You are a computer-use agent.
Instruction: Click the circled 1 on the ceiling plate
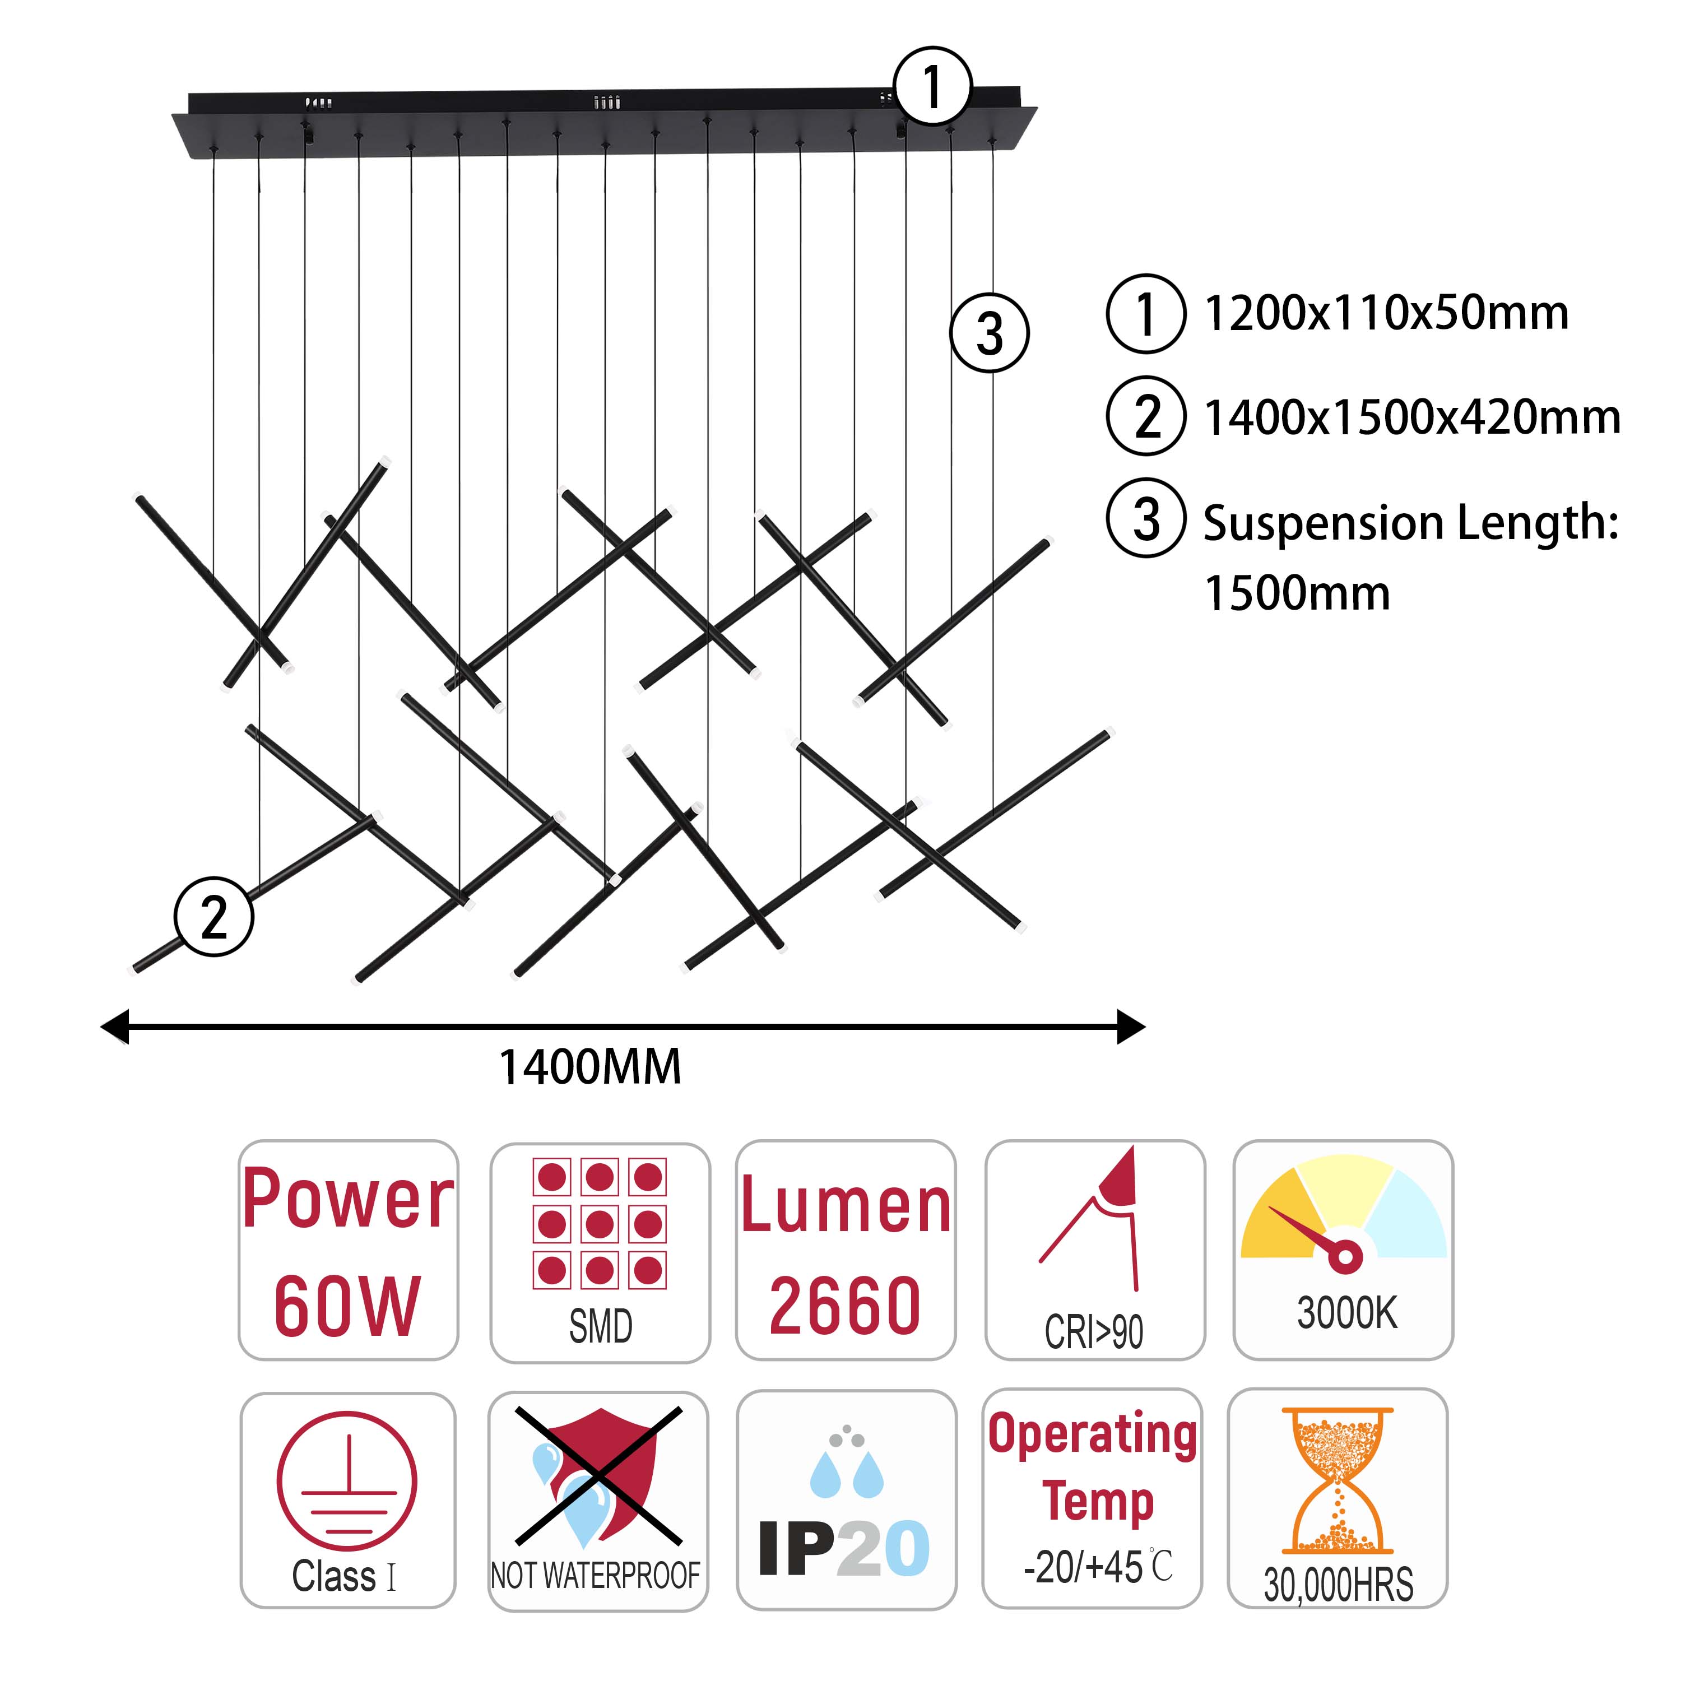pyautogui.click(x=932, y=86)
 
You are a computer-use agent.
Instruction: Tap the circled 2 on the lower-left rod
pyautogui.click(x=214, y=916)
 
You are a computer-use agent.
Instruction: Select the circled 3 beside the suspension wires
pyautogui.click(x=990, y=333)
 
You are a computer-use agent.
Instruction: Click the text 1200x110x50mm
pyautogui.click(x=1386, y=313)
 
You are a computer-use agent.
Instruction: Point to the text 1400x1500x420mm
pyautogui.click(x=1412, y=417)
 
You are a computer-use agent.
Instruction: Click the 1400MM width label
pyautogui.click(x=590, y=1067)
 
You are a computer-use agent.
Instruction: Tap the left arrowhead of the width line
pyautogui.click(x=115, y=1027)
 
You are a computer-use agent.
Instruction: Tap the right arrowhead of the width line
pyautogui.click(x=1131, y=1027)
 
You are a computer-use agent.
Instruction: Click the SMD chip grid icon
pyautogui.click(x=600, y=1223)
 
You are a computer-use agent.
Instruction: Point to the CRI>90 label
pyautogui.click(x=1094, y=1332)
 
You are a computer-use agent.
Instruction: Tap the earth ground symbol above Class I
pyautogui.click(x=347, y=1481)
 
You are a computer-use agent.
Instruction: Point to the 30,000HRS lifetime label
pyautogui.click(x=1338, y=1585)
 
